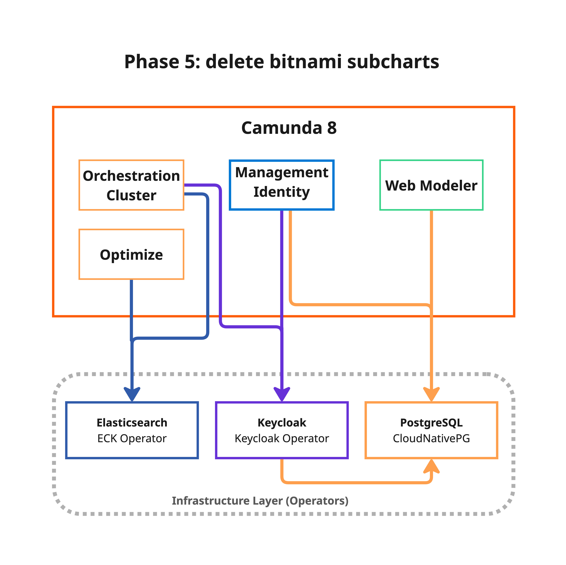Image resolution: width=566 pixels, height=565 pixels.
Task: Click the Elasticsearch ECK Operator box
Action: (132, 430)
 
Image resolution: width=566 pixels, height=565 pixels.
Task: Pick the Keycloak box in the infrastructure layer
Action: (282, 430)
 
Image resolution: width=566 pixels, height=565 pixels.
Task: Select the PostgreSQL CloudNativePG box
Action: (431, 430)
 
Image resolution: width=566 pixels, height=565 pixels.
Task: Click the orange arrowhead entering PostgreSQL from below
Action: (431, 467)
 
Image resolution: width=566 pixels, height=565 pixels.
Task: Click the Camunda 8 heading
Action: (289, 128)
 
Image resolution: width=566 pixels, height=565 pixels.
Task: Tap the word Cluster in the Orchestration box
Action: (131, 195)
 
